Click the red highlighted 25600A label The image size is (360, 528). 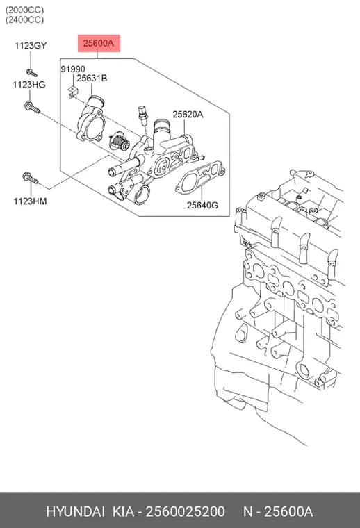coord(99,43)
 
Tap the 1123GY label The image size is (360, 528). coord(31,45)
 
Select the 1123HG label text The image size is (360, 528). coord(29,85)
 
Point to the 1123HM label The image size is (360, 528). coord(30,201)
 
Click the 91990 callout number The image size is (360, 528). coord(73,69)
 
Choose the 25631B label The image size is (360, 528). coord(92,78)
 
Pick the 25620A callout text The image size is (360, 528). coord(188,115)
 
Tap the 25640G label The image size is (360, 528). coord(202,205)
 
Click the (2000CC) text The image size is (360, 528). coord(24,10)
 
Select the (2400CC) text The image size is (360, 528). coord(24,20)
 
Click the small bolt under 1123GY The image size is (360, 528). coord(32,72)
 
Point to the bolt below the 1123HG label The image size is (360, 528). coord(33,108)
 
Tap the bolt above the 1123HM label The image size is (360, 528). coord(31,178)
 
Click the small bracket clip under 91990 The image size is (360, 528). coord(73,92)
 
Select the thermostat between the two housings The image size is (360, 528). coord(120,142)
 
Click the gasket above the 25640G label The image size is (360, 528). coord(199,178)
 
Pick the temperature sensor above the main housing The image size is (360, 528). coord(143,115)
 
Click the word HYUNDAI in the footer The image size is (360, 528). coord(75,512)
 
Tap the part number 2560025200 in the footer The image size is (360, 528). coord(185,512)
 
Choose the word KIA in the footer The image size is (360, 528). coord(123,512)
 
